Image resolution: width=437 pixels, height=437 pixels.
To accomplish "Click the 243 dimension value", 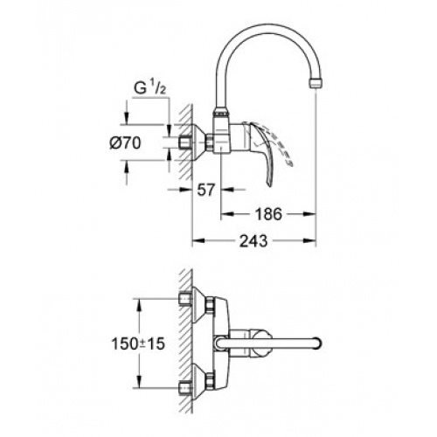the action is (x=253, y=241).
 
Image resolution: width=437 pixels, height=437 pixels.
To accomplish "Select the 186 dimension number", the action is (x=268, y=214).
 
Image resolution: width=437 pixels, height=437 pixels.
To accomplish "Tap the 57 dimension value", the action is (x=205, y=190).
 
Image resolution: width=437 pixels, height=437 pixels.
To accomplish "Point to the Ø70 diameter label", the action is (x=125, y=143).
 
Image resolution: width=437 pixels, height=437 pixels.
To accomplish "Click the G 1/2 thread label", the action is (x=149, y=88).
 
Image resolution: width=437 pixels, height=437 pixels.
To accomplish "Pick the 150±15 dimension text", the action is (x=138, y=344).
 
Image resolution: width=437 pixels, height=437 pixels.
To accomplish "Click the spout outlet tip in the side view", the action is (x=316, y=83).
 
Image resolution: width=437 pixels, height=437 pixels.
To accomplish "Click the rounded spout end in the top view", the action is (x=317, y=343).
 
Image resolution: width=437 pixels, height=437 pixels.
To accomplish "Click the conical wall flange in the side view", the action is (x=199, y=142).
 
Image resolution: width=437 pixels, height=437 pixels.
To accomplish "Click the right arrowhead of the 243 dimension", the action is (x=309, y=240).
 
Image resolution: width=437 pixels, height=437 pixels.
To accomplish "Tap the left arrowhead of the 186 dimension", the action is (x=227, y=214).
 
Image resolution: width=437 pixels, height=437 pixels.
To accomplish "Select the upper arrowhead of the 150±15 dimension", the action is (x=140, y=305).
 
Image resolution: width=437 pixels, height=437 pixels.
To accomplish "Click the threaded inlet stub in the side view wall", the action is (x=184, y=142).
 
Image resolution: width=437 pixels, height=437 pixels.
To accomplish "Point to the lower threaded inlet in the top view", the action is (x=184, y=388).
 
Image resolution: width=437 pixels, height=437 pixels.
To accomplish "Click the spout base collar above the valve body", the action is (x=221, y=111).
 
